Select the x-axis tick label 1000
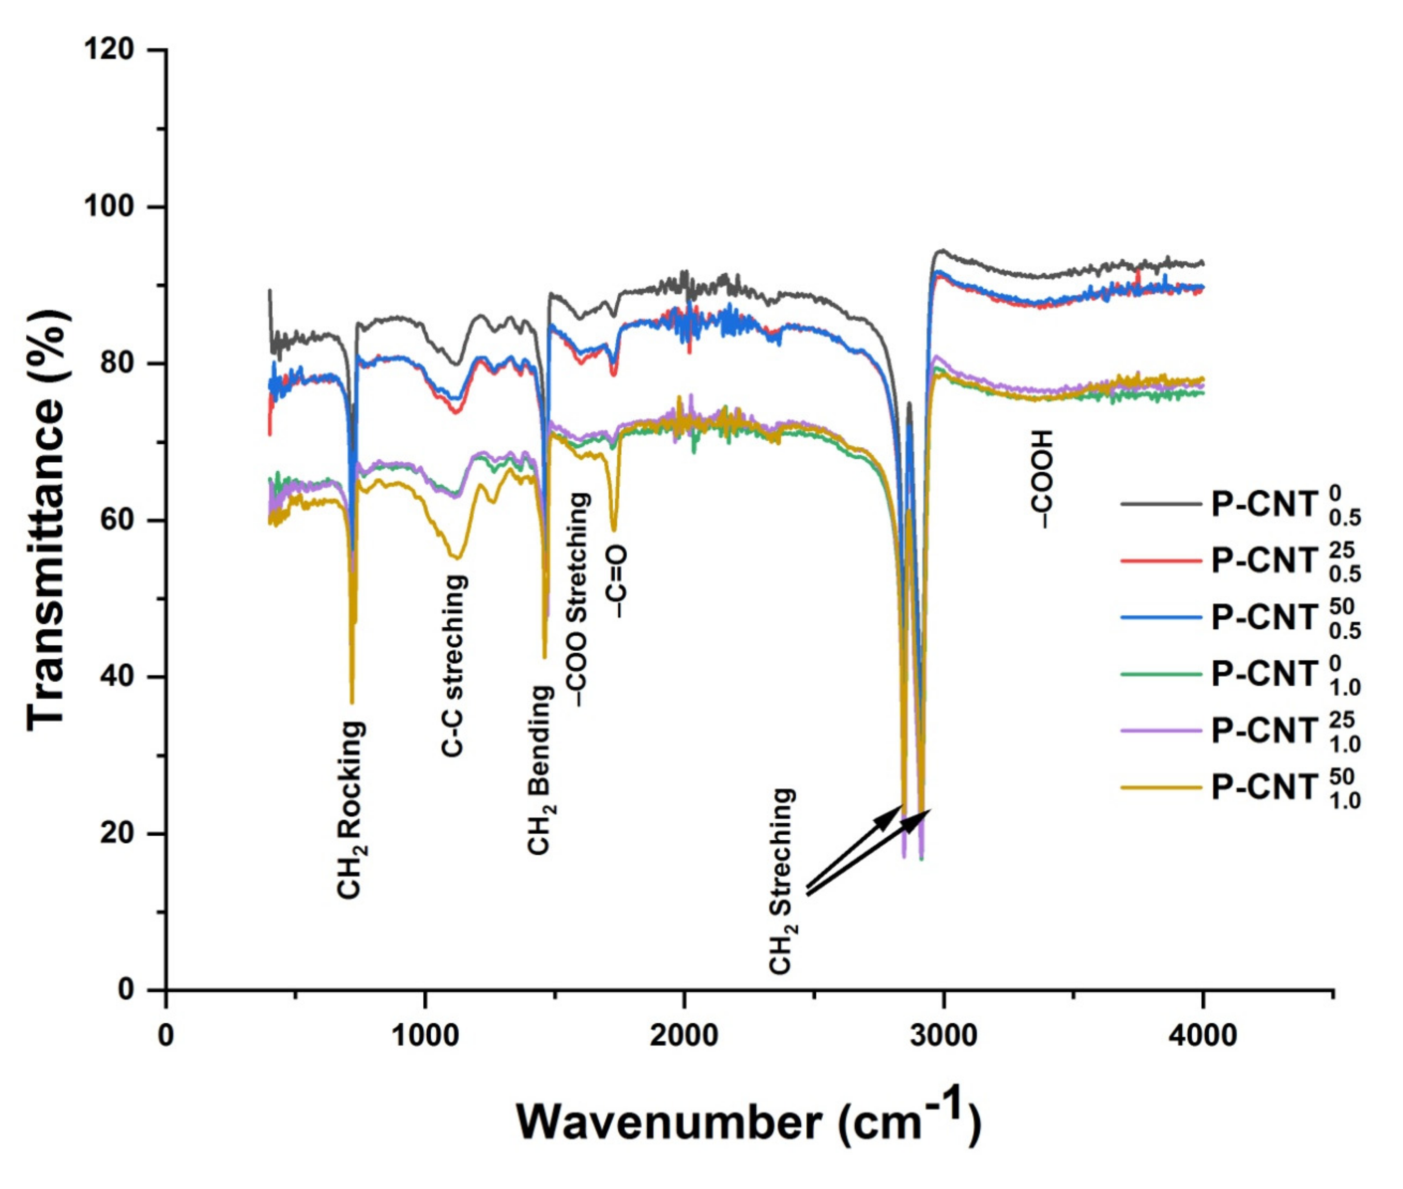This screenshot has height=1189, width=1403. (x=425, y=1035)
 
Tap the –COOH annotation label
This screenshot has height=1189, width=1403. (x=1041, y=479)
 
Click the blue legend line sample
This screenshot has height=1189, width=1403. (x=1161, y=617)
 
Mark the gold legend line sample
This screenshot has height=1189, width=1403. (x=1161, y=787)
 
